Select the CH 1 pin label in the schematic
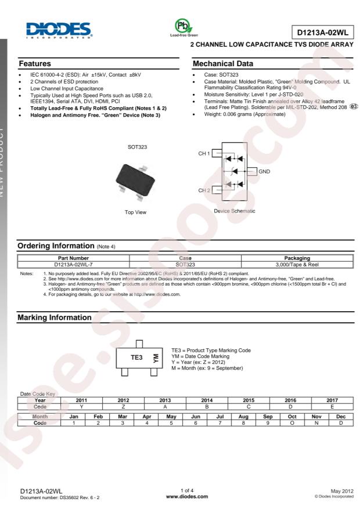coord(203,154)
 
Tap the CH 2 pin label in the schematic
coord(203,190)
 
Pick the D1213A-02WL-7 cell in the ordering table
coord(71,264)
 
